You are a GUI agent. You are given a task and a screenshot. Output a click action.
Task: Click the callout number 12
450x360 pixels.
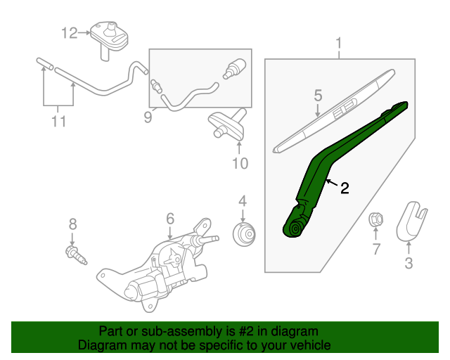click(x=68, y=32)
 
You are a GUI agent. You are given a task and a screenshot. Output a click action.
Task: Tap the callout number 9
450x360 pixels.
click(x=148, y=117)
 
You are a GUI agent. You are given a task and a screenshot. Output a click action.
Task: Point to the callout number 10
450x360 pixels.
click(x=240, y=164)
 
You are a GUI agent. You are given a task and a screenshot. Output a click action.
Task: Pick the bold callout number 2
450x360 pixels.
click(x=345, y=188)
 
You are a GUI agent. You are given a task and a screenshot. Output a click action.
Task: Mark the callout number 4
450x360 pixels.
click(x=242, y=201)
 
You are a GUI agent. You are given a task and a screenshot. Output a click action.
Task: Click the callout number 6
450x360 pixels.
click(x=169, y=219)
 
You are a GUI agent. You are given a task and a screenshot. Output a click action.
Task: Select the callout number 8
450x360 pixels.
click(x=72, y=224)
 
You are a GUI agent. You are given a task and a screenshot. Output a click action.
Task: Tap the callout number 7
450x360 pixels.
click(x=376, y=248)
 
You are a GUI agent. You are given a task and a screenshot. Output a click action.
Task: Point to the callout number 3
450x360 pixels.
click(x=409, y=264)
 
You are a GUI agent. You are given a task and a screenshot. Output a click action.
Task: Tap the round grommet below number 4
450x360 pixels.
click(x=244, y=233)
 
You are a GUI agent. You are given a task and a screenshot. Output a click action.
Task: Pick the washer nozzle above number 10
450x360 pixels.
click(x=228, y=123)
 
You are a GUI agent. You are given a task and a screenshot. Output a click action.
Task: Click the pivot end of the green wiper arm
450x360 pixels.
click(x=293, y=227)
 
